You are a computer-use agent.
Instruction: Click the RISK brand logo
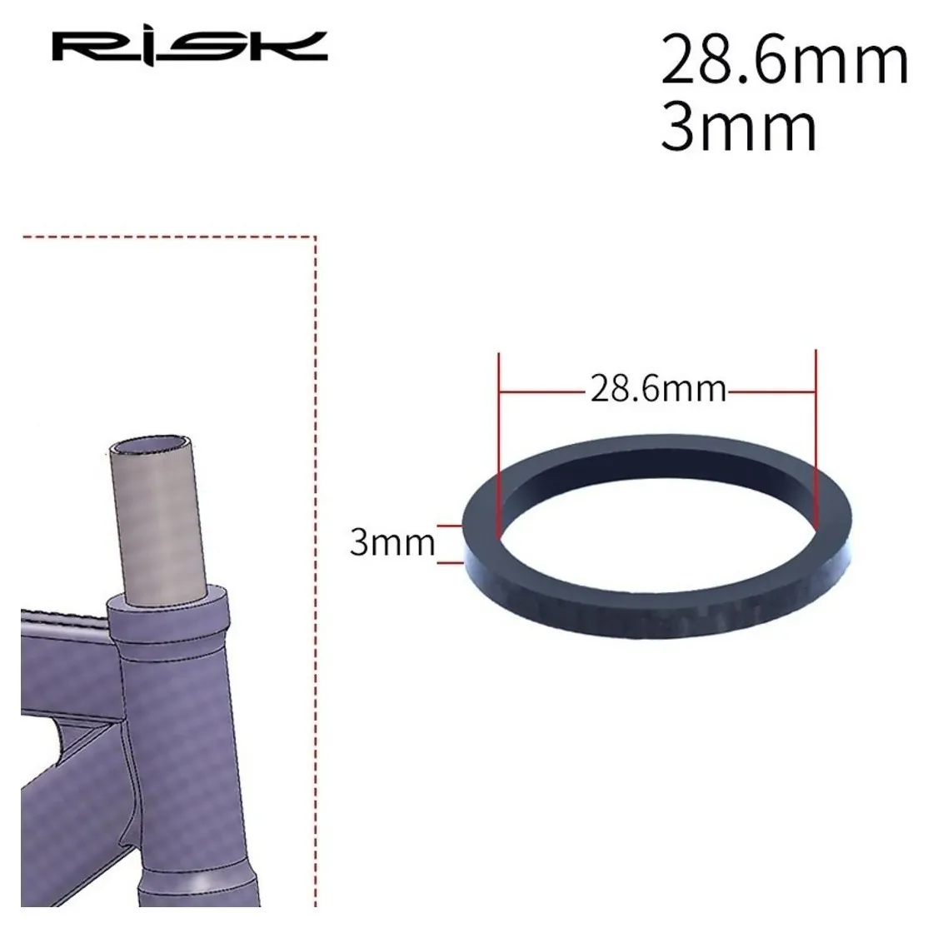tap(189, 47)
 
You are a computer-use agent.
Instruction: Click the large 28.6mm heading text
tap(784, 60)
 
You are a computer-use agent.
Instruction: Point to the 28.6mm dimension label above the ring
tap(658, 389)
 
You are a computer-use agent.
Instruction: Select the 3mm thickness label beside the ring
tap(392, 541)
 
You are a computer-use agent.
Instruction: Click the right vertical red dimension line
tap(816, 437)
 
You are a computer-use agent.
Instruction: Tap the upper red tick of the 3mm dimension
tap(449, 525)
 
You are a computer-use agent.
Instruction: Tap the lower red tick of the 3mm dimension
tap(449, 563)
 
